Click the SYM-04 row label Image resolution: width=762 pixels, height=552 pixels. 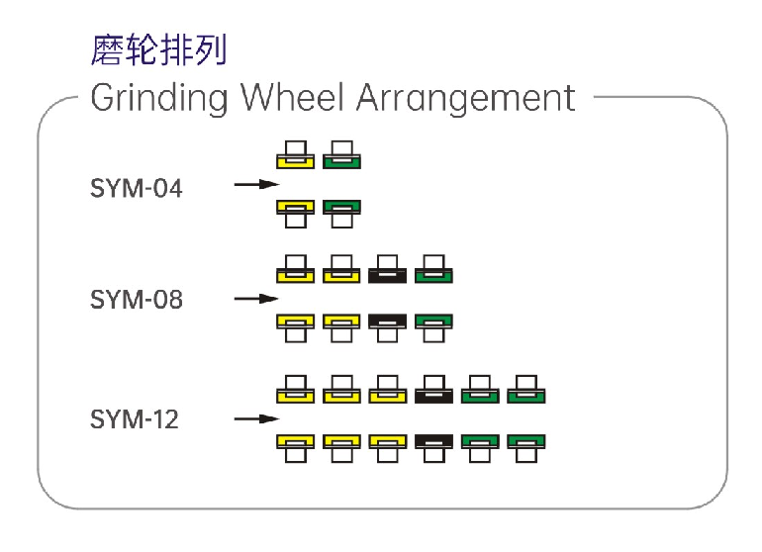(137, 187)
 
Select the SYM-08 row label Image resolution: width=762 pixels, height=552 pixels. (137, 300)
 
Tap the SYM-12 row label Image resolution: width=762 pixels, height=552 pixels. (135, 419)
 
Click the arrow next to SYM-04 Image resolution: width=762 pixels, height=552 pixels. (256, 184)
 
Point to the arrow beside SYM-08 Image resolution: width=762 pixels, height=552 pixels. (256, 298)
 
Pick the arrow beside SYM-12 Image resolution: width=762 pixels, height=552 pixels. (256, 419)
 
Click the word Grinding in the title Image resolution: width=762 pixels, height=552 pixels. (159, 98)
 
